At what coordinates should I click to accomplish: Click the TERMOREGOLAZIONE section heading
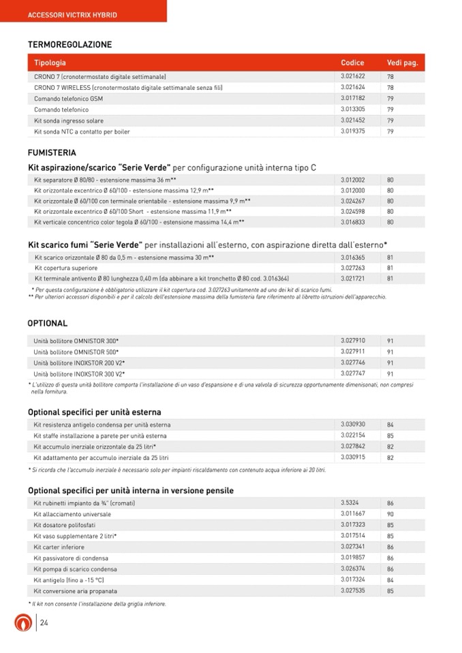click(70, 45)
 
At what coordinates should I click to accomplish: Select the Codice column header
click(352, 63)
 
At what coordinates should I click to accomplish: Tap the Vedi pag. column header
click(402, 63)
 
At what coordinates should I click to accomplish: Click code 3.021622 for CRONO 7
click(353, 76)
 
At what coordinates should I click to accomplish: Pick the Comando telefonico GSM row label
click(68, 99)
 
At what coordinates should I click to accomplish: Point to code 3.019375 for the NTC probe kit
click(353, 131)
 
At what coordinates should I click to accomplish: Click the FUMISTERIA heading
click(52, 153)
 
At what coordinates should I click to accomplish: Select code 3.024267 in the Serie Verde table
click(353, 201)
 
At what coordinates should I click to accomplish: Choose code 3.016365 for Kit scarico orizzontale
click(353, 257)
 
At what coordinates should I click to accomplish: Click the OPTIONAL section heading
click(48, 323)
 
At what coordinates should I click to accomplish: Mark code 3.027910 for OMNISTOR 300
click(353, 340)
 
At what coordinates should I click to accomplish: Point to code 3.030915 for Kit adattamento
click(353, 458)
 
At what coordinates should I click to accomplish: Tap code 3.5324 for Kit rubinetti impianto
click(350, 503)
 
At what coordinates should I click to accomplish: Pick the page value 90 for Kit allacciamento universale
click(390, 514)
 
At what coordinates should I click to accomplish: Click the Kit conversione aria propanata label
click(76, 591)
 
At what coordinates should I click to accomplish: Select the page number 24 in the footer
click(44, 623)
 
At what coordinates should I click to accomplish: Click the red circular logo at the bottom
click(24, 623)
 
